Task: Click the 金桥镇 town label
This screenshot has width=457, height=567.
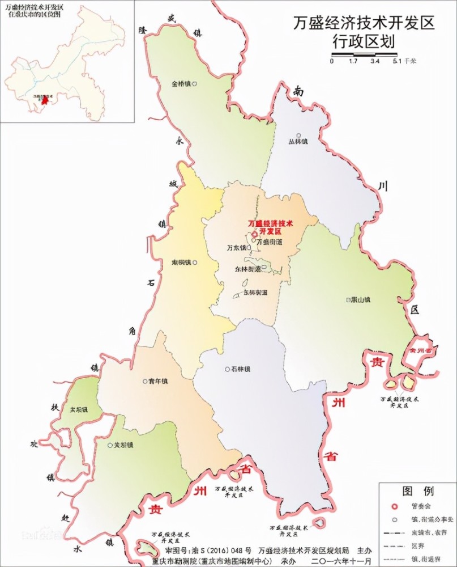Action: click(181, 83)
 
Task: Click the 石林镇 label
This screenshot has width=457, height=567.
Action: click(240, 369)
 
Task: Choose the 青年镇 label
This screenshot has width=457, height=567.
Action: click(157, 381)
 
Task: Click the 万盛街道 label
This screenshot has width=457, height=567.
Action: click(269, 242)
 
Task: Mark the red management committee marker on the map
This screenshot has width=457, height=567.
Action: click(255, 232)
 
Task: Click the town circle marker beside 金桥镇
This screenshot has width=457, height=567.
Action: click(195, 83)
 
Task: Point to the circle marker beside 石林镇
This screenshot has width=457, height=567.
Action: click(227, 369)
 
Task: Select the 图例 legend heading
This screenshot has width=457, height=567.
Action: click(417, 490)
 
